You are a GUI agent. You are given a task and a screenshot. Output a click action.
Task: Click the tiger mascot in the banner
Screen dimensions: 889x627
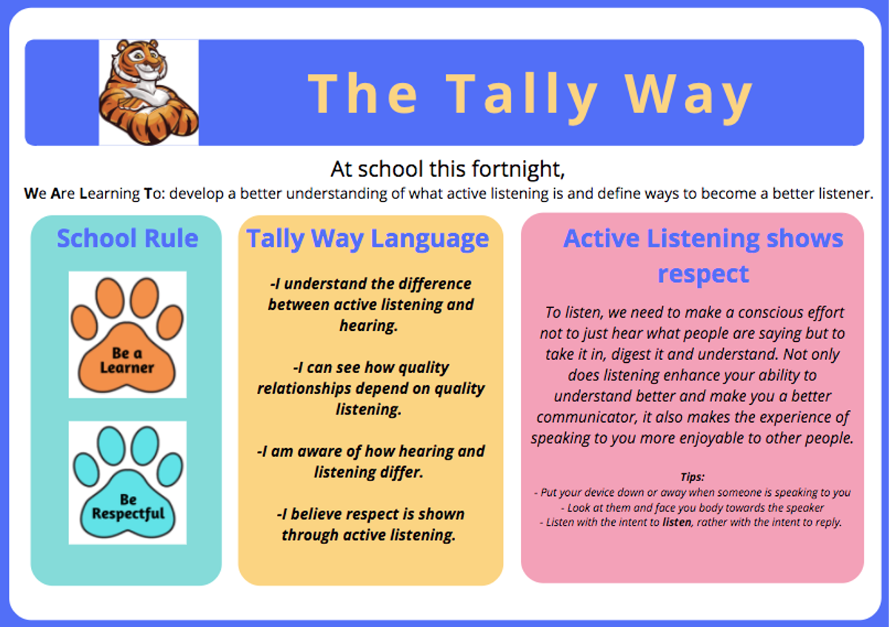[148, 92]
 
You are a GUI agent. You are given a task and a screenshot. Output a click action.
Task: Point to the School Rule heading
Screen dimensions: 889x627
[127, 238]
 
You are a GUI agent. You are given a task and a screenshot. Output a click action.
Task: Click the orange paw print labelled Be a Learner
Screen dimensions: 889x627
[127, 335]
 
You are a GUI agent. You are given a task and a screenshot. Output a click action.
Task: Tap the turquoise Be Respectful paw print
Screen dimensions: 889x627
[127, 482]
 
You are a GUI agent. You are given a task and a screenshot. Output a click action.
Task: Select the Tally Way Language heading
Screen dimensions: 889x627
[367, 239]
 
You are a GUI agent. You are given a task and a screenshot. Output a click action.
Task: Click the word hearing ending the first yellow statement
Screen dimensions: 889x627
[369, 326]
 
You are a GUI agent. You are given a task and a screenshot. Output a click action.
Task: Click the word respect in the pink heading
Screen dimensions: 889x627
[703, 274]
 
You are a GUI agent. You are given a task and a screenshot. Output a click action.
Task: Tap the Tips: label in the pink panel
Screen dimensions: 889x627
[693, 477]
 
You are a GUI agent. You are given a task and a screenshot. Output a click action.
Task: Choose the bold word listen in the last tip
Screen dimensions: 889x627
[676, 523]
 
